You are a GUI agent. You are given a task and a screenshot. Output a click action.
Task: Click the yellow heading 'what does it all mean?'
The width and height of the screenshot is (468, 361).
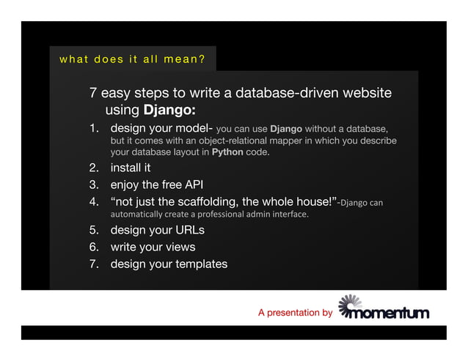(x=132, y=59)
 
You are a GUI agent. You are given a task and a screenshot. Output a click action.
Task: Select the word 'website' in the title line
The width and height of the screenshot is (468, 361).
(x=366, y=94)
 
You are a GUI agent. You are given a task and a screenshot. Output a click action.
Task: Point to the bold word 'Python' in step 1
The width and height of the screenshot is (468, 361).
(x=227, y=153)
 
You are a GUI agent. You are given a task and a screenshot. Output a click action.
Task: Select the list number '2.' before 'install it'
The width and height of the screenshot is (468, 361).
(x=95, y=168)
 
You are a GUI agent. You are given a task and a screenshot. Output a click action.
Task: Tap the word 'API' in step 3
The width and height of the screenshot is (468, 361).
(x=193, y=185)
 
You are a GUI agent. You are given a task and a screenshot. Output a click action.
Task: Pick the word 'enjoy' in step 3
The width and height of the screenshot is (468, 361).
(x=125, y=185)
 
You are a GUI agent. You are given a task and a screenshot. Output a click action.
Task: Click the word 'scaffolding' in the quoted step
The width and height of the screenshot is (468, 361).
(x=192, y=201)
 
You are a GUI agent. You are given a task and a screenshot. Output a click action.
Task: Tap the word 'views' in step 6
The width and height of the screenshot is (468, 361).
(x=180, y=248)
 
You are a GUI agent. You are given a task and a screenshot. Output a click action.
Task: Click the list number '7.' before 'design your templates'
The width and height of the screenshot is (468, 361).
(x=95, y=264)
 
